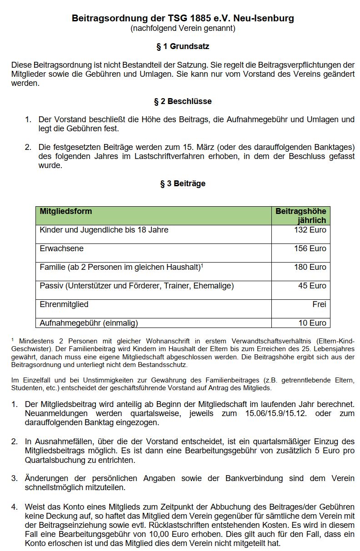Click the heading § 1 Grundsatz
click(x=183, y=46)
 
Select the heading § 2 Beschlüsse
click(x=183, y=101)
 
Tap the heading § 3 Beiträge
click(x=183, y=184)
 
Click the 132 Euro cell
click(x=310, y=230)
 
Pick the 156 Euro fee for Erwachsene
click(x=310, y=248)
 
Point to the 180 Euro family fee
click(x=310, y=267)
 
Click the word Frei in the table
click(x=319, y=304)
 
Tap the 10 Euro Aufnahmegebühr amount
click(x=313, y=323)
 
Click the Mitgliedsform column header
click(x=66, y=211)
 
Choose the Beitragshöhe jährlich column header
click(x=301, y=216)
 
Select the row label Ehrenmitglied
click(x=64, y=304)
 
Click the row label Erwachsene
click(x=62, y=248)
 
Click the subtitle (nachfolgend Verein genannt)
click(x=183, y=29)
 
